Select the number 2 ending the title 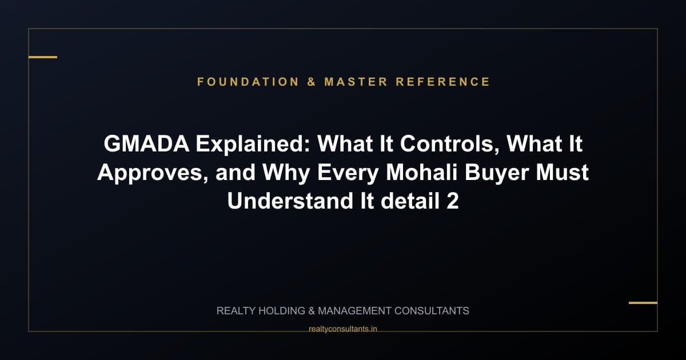coord(452,201)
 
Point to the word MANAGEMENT coord(354,311)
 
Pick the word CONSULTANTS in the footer coord(432,311)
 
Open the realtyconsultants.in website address coord(342,329)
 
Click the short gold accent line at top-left coord(43,57)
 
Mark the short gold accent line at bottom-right coord(643,302)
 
